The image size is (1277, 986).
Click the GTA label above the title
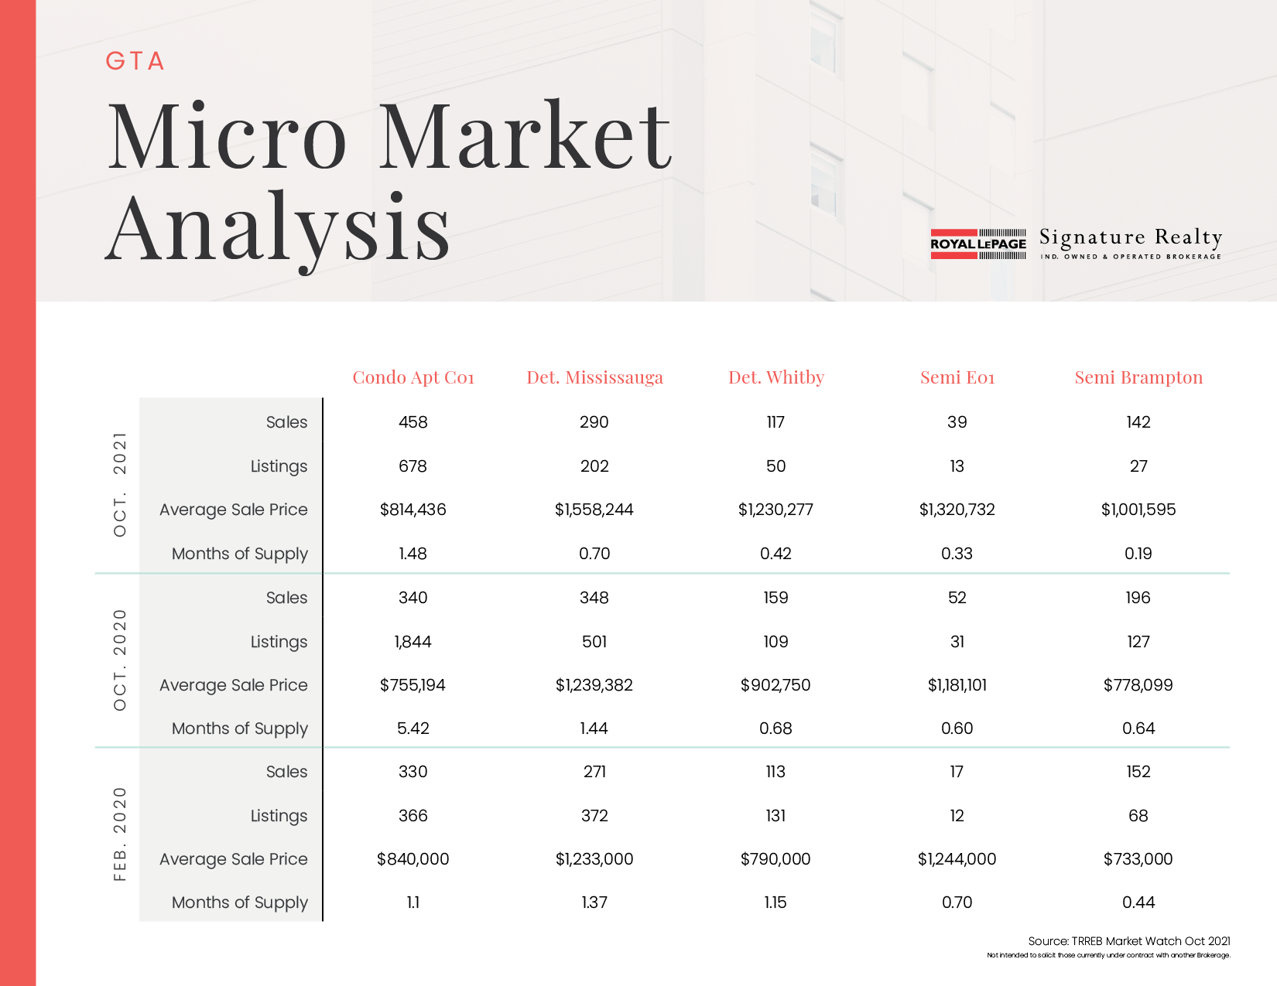[135, 61]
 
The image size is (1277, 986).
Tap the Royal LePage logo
[978, 244]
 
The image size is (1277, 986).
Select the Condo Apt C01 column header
[413, 377]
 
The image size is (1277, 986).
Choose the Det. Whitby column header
[775, 377]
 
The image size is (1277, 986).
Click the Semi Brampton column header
[1138, 377]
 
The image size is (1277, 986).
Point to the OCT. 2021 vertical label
[120, 484]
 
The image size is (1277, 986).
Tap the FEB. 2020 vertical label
[120, 834]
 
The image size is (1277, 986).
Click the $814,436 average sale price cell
[413, 509]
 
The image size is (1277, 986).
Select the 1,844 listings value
[413, 641]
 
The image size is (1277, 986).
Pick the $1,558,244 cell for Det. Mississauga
[594, 509]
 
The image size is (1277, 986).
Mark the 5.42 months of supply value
[413, 728]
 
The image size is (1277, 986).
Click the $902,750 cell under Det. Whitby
[775, 684]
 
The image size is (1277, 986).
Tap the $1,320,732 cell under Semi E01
[957, 509]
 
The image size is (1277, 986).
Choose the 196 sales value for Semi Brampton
[1138, 597]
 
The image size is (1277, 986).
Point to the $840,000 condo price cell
[413, 858]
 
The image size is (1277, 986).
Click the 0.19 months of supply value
[1138, 553]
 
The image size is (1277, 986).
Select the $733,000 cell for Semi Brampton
[1138, 858]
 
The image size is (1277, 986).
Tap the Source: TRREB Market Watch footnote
[1129, 941]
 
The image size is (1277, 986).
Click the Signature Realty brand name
[1131, 237]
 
